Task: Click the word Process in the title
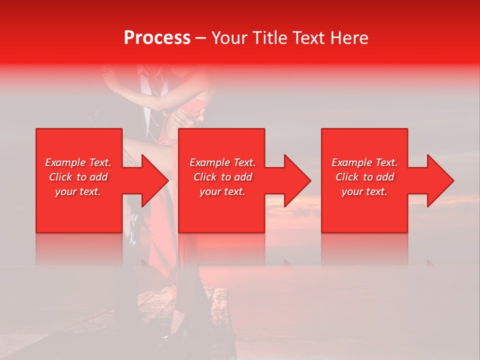(x=157, y=38)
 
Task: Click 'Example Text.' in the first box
(x=78, y=162)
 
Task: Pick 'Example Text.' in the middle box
(x=222, y=162)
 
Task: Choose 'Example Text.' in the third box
(x=364, y=162)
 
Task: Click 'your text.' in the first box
(x=78, y=191)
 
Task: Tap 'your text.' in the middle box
(x=222, y=191)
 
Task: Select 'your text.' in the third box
(x=364, y=191)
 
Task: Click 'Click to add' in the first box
(x=78, y=177)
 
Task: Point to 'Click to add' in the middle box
(x=222, y=177)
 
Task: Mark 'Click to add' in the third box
(x=364, y=177)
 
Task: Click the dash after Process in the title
(x=201, y=38)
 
